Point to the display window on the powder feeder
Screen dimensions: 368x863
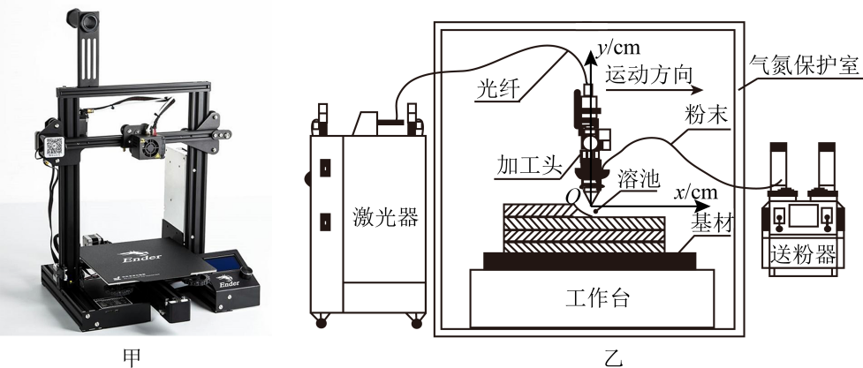click(804, 218)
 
